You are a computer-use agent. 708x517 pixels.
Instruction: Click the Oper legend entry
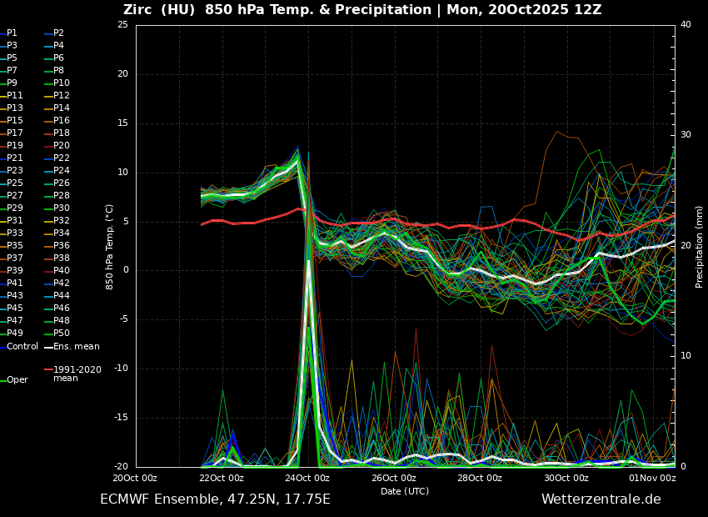(x=17, y=380)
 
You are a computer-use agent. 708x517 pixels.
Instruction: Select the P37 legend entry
(x=15, y=258)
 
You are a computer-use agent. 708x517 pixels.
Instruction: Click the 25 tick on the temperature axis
(x=122, y=25)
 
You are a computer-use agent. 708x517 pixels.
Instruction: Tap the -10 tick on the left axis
(x=120, y=369)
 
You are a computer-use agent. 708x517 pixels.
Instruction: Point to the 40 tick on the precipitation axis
(x=686, y=25)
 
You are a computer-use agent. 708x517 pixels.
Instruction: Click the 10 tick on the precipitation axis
(x=686, y=356)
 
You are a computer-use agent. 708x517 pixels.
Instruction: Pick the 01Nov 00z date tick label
(x=652, y=479)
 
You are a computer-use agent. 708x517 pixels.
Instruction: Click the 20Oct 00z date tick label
(x=135, y=479)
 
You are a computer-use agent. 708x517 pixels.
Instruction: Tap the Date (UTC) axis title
(x=405, y=492)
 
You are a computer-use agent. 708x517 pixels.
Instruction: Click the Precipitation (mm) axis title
(x=700, y=247)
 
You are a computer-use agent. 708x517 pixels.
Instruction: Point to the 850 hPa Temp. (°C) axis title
(x=109, y=247)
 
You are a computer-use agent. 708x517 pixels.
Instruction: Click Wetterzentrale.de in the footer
(x=601, y=499)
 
